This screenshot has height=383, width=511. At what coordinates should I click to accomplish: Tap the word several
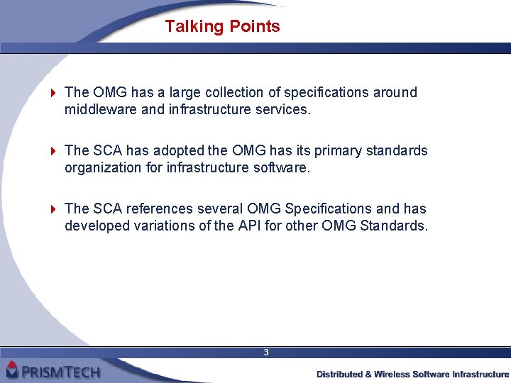pyautogui.click(x=220, y=209)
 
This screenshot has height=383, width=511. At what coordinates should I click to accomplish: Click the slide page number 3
pyautogui.click(x=265, y=353)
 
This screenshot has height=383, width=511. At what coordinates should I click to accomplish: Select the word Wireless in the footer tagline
pyautogui.click(x=405, y=374)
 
